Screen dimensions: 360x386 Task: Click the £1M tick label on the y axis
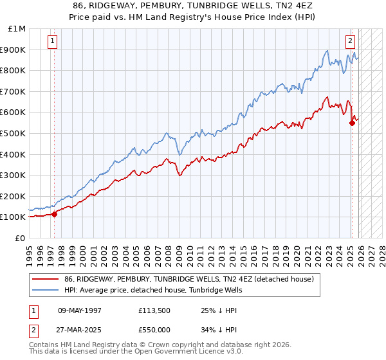(17, 28)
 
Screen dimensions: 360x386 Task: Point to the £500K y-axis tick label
(14, 133)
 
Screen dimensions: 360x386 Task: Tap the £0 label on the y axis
(21, 238)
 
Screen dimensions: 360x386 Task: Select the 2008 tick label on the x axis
(169, 251)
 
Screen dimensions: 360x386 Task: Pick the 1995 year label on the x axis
(30, 251)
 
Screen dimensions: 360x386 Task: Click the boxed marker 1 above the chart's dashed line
(52, 41)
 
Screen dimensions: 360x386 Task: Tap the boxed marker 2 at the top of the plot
(351, 41)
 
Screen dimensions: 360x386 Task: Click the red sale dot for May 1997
(54, 214)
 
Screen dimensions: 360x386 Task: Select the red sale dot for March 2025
(352, 123)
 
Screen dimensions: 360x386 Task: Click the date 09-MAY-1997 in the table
(80, 310)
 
